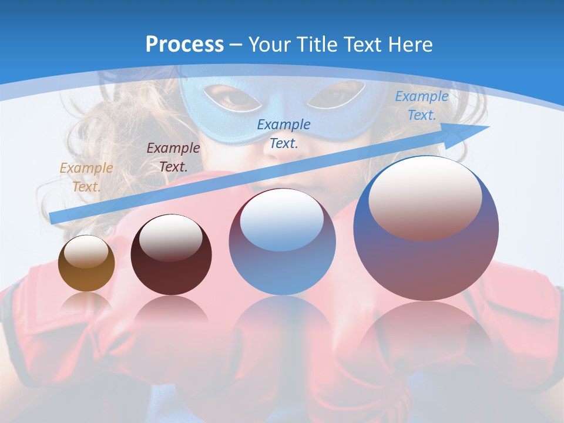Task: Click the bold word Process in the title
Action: coord(184,44)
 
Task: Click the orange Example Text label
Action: coord(86,177)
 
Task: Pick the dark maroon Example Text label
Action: coord(173,157)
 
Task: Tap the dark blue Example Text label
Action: coord(284,133)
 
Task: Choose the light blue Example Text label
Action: coord(421,106)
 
